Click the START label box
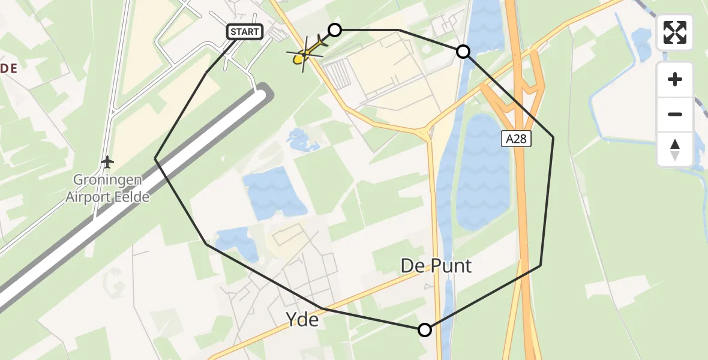coord(245,32)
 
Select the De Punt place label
coord(436,265)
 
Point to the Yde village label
coord(303,320)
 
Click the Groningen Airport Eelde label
coord(107,188)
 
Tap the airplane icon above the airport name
coord(107,162)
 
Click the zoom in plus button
coord(675,79)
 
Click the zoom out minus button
coord(675,114)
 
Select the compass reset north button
coord(675,149)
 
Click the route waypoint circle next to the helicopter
coord(335,29)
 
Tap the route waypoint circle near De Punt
coord(425,329)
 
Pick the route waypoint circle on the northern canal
coord(463,52)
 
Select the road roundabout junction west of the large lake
coord(428,132)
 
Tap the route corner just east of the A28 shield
coord(553,138)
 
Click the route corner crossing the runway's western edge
coord(155,158)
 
